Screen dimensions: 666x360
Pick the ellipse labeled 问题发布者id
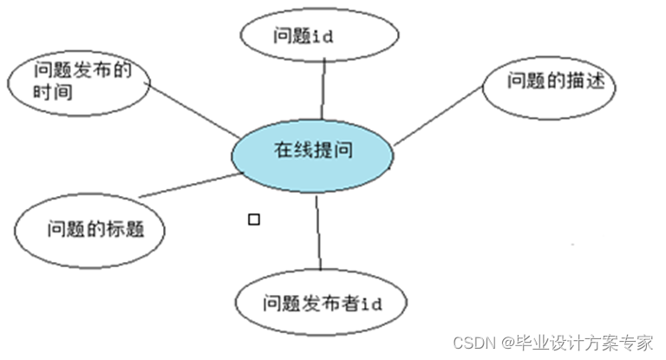321,304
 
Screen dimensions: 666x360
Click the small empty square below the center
254,219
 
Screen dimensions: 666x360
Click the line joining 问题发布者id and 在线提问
318,232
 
